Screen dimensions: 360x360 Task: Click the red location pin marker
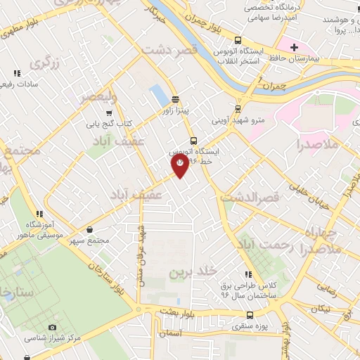click(x=180, y=165)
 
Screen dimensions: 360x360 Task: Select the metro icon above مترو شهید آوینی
click(x=238, y=109)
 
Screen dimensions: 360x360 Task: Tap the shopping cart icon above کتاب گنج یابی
click(x=108, y=112)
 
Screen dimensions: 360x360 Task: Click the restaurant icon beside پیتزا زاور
click(x=174, y=99)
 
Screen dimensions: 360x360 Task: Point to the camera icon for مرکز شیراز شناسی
click(x=52, y=327)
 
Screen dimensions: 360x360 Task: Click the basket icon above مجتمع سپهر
click(x=91, y=229)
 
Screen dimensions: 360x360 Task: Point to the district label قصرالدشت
click(x=250, y=198)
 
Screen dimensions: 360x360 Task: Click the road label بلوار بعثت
click(x=165, y=309)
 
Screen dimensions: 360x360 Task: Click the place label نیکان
click(x=322, y=308)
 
